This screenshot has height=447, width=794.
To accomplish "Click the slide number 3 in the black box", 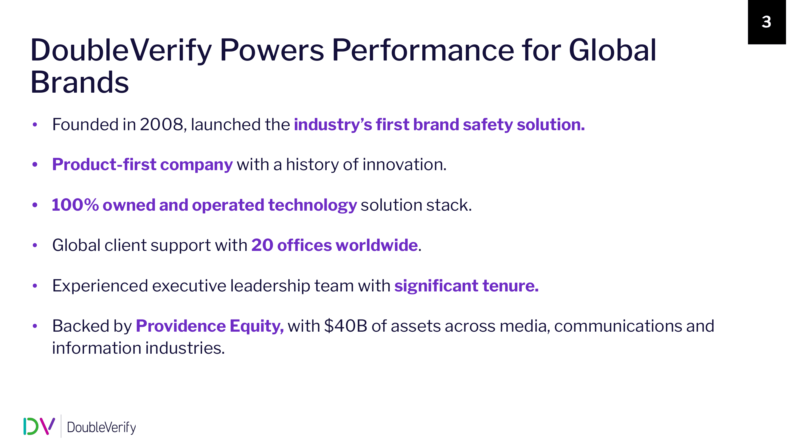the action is click(766, 22).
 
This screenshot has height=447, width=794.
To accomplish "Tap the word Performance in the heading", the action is click(423, 50).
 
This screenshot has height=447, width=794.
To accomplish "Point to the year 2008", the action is click(162, 125).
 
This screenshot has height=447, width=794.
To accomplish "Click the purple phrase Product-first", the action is click(104, 164).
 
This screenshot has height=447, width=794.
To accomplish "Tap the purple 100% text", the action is click(75, 205).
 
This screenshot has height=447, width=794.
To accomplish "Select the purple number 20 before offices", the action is click(262, 245).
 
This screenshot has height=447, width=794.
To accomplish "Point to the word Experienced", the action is click(100, 286).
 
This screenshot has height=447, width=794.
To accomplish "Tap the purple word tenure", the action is click(511, 286).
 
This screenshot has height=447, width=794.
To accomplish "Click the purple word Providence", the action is click(181, 326).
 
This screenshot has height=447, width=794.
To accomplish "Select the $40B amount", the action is click(345, 326).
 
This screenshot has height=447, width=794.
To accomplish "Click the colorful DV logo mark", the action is click(39, 426).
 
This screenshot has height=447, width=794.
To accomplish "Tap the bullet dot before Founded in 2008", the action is click(35, 125).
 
